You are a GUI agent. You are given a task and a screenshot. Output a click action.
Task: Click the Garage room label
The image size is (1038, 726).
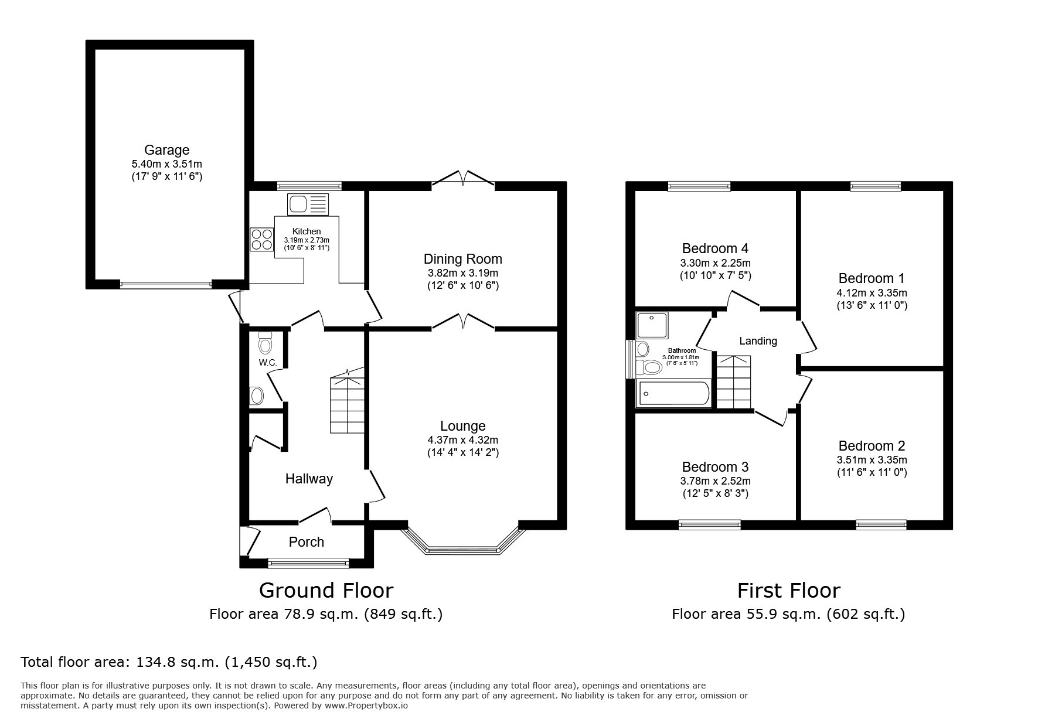click(x=167, y=150)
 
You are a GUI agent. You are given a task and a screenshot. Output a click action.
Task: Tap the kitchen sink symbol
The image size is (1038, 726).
click(x=308, y=204)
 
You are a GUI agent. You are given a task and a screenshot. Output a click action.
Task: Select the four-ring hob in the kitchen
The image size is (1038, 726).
click(x=262, y=239)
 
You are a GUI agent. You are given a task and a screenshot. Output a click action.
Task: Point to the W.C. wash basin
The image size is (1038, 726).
click(x=257, y=396)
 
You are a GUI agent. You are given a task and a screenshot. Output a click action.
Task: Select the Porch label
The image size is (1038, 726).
click(x=307, y=542)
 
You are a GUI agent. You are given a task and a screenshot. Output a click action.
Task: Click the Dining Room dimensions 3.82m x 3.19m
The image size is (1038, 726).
click(x=462, y=273)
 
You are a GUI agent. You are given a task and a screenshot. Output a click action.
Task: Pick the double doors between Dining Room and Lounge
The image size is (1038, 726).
click(x=463, y=322)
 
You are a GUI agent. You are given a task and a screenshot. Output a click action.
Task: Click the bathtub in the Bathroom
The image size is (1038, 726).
click(x=673, y=394)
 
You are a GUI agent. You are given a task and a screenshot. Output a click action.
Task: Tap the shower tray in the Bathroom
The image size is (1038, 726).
click(x=652, y=325)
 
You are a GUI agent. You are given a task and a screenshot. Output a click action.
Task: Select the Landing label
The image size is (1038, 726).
click(x=758, y=341)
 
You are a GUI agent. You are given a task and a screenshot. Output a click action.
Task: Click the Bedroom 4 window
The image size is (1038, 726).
click(x=699, y=186)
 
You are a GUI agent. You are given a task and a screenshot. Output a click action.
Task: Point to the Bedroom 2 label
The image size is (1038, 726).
click(x=872, y=446)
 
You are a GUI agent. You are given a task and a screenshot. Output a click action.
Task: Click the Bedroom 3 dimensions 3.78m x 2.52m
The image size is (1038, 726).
click(x=715, y=481)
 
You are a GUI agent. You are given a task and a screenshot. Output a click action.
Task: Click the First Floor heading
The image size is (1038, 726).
click(x=788, y=590)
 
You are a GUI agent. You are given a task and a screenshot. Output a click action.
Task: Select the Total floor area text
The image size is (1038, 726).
click(x=169, y=662)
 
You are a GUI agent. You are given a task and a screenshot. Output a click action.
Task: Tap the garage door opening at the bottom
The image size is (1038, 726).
click(x=166, y=285)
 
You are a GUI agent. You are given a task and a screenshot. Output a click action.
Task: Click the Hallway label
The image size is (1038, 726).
click(x=309, y=479)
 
